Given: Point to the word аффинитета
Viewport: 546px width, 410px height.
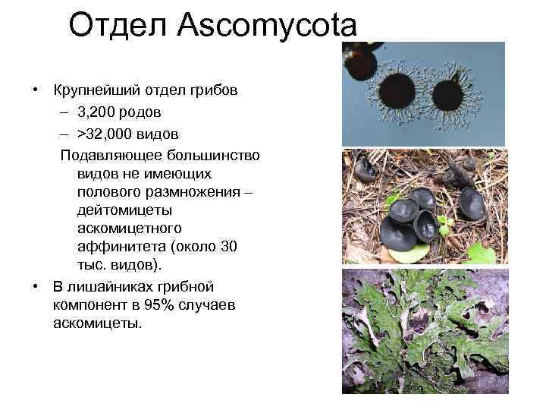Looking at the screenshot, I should [x=121, y=247].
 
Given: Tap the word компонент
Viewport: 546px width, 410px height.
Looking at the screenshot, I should [x=89, y=306].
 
